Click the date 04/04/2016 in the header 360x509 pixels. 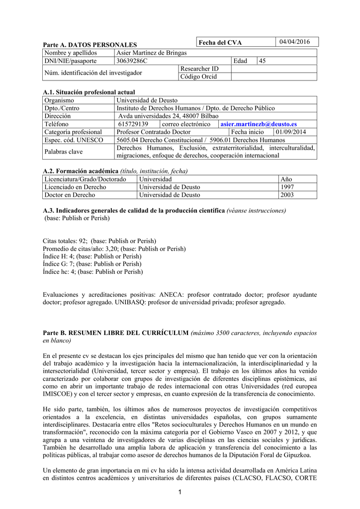(294, 42)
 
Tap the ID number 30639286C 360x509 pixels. (132, 61)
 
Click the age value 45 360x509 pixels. (263, 61)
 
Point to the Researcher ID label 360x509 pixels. (199, 69)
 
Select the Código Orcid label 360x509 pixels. (198, 77)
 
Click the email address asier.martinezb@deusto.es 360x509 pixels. (258, 124)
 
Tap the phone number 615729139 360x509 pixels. (133, 124)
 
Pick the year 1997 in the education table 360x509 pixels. (287, 187)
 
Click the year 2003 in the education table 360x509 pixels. (287, 195)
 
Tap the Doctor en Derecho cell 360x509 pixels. (70, 195)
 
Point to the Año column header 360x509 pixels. (286, 179)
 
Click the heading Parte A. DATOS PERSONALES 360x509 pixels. (90, 45)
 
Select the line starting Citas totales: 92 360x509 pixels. (99, 241)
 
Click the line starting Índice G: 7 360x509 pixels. (92, 264)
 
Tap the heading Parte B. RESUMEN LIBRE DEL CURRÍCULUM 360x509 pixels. (116, 333)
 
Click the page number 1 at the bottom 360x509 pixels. (180, 492)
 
